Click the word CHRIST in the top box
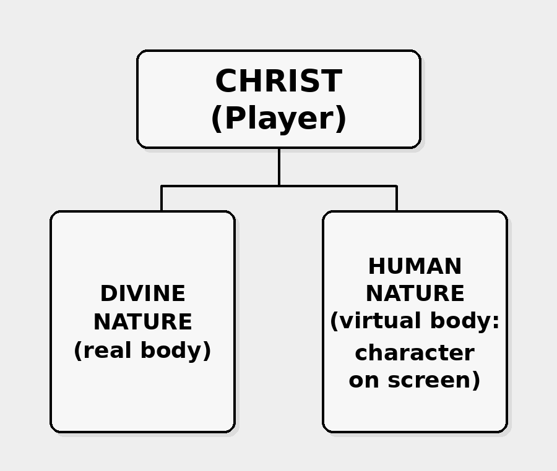278,82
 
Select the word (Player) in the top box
278,119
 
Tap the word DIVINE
142,294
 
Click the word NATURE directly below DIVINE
142,322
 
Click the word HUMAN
415,266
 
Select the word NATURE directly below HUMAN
415,294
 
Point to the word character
415,353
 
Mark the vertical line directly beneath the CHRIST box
279,167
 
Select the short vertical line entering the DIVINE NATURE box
162,199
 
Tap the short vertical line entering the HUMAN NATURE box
397,199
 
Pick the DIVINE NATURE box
142,396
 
